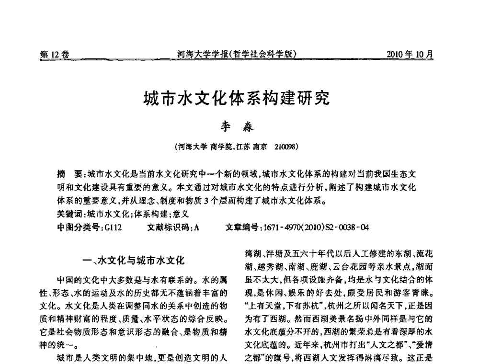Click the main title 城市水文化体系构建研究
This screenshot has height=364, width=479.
(237, 100)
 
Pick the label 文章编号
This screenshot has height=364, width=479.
(241, 227)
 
